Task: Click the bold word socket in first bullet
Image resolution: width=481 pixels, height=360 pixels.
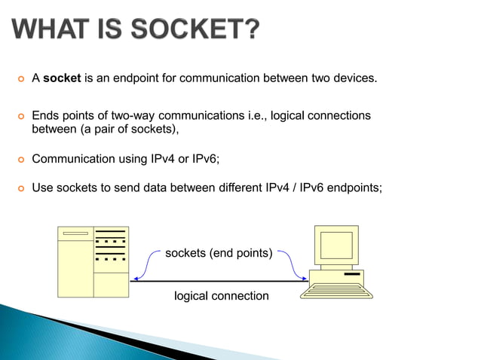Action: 63,78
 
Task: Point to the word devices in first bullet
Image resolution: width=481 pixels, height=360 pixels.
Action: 354,78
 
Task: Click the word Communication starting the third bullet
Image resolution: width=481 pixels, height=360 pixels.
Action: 74,159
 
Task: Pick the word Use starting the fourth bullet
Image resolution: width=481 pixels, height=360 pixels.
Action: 42,188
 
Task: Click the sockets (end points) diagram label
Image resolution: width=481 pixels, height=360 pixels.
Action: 219,253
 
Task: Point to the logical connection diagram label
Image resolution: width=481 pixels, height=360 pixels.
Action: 221,296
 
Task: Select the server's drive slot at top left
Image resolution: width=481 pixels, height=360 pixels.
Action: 75,233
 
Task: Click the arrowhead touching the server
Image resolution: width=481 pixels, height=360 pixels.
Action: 132,281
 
